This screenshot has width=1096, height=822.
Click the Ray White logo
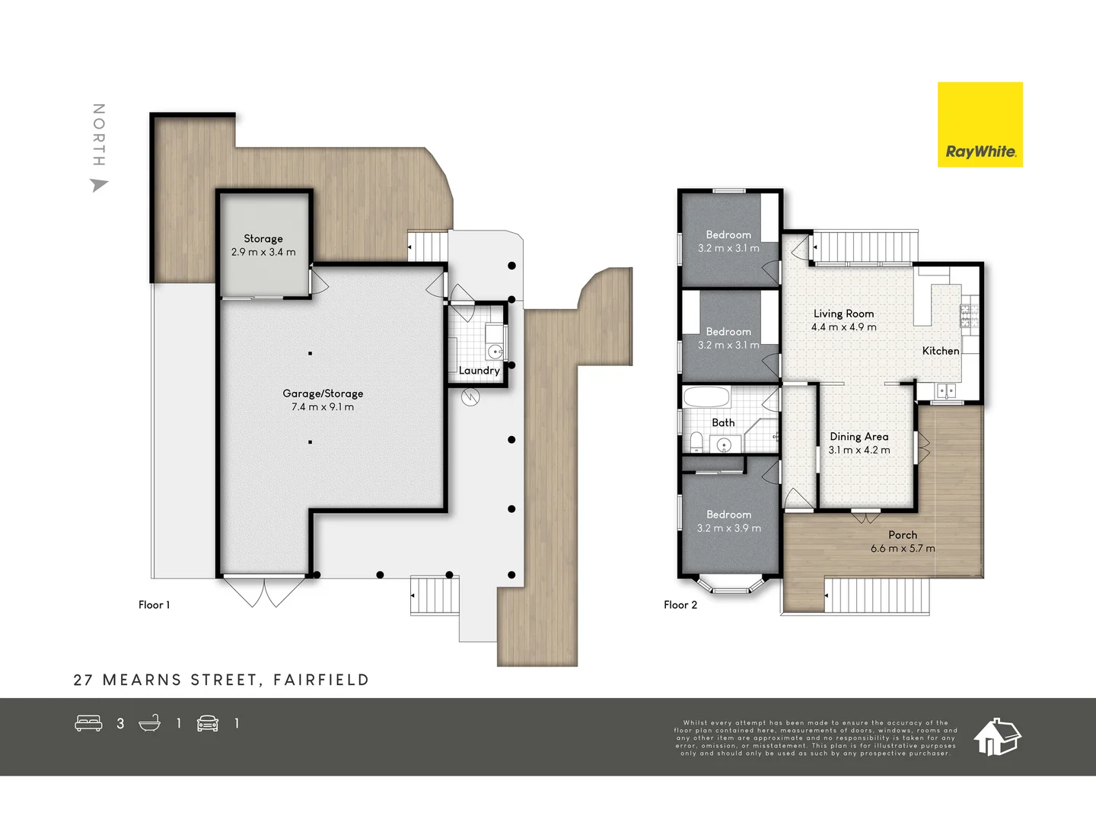pos(980,125)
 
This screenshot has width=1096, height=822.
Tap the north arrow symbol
pos(99,185)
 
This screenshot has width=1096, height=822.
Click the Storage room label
pos(263,238)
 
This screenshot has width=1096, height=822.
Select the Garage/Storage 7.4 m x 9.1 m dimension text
pos(323,407)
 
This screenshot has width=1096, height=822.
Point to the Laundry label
pos(479,371)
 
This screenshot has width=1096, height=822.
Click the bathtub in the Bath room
pos(706,397)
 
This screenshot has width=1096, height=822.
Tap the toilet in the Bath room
pos(696,441)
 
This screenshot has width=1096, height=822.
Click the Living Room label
pos(843,314)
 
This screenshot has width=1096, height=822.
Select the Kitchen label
pos(941,351)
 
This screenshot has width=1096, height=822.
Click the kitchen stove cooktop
pos(969,316)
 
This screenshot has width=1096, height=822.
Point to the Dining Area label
pos(859,437)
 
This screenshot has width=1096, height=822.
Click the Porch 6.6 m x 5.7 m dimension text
pos(903,549)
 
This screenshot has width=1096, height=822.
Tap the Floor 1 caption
pos(154,605)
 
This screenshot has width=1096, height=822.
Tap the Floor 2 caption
pos(680,605)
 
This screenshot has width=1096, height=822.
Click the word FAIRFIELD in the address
pos(321,680)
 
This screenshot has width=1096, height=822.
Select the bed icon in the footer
pos(88,723)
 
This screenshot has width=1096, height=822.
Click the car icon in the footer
pos(208,723)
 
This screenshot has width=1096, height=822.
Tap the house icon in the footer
pos(997,737)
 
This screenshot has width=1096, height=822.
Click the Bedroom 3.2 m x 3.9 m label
pos(728,521)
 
